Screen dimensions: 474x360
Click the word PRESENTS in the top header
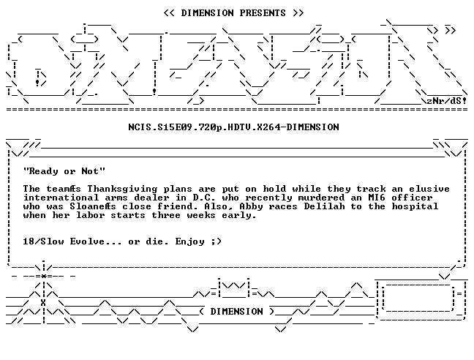tap(263, 13)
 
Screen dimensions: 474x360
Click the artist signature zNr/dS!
tap(446, 101)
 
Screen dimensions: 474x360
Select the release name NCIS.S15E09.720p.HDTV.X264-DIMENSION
tap(233, 127)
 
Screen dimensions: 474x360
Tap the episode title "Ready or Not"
tap(64, 171)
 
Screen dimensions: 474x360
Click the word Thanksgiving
tap(122, 189)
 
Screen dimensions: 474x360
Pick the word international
tap(61, 198)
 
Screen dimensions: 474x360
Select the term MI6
tap(377, 198)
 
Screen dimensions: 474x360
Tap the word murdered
tap(321, 198)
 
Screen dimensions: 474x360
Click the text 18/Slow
tap(44, 241)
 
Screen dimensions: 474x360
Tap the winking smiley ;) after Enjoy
tap(217, 241)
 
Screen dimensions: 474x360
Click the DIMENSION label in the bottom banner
tap(237, 312)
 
